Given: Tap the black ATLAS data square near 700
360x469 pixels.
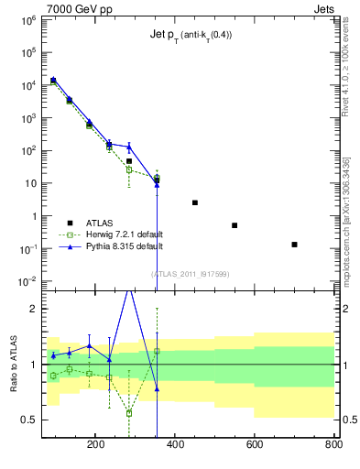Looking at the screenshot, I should pos(294,245).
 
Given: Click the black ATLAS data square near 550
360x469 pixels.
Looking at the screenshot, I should pos(235,225).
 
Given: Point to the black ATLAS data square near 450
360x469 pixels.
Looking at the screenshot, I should pos(195,202).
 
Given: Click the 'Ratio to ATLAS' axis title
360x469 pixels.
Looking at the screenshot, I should pos(13,365).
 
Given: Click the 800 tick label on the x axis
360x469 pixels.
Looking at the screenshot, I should pos(333,444).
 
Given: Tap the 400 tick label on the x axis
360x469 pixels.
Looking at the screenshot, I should pos(175,444).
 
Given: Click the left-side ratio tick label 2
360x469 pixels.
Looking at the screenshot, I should pos(31,310).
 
